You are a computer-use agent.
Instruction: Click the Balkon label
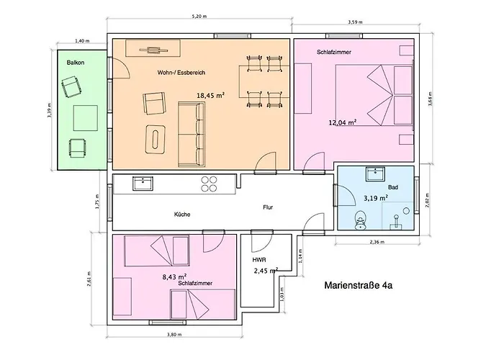[x=76, y=63]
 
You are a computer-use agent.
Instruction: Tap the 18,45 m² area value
[x=210, y=94]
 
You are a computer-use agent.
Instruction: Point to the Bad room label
[x=392, y=186]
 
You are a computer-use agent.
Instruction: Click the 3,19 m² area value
[x=375, y=197]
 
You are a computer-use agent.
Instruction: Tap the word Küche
[x=182, y=214]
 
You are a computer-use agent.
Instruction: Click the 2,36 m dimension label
[x=376, y=242]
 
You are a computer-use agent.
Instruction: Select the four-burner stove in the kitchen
[x=209, y=184]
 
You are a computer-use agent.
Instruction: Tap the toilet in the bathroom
[x=361, y=217]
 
